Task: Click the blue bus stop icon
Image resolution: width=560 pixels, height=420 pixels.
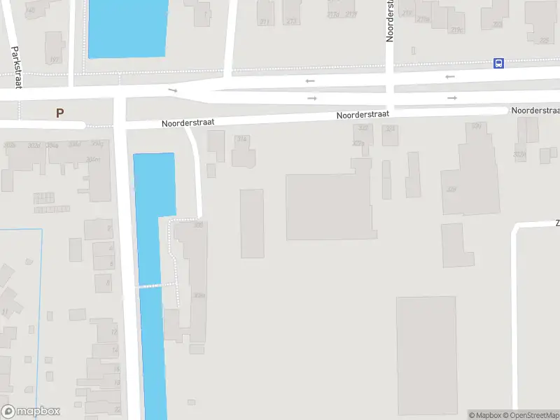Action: (498, 63)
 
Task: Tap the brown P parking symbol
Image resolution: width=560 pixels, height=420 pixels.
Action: (60, 112)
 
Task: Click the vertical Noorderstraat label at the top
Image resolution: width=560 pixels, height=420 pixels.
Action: (390, 21)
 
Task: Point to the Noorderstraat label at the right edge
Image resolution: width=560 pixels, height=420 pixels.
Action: (535, 111)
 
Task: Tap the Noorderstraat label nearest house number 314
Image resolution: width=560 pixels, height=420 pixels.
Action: (188, 122)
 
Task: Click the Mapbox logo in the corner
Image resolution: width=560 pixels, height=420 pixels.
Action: (31, 412)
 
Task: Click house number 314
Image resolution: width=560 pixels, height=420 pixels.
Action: (242, 139)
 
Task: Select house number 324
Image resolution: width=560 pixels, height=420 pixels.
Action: (390, 129)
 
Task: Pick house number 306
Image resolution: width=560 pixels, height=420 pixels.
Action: (198, 225)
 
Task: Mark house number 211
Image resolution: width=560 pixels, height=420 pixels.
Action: (264, 22)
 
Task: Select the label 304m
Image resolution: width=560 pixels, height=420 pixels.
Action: (92, 160)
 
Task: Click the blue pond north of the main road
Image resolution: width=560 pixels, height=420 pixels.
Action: (127, 28)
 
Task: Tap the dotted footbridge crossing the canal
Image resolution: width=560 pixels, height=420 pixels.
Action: (155, 285)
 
